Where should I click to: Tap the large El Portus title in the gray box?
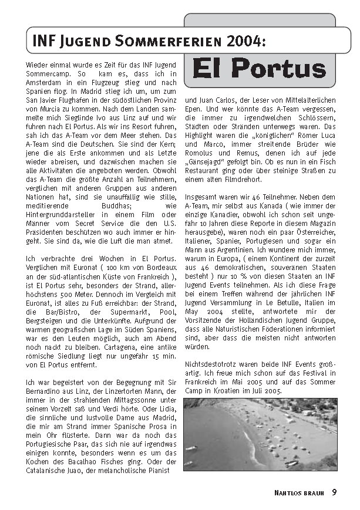[x=259, y=68]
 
